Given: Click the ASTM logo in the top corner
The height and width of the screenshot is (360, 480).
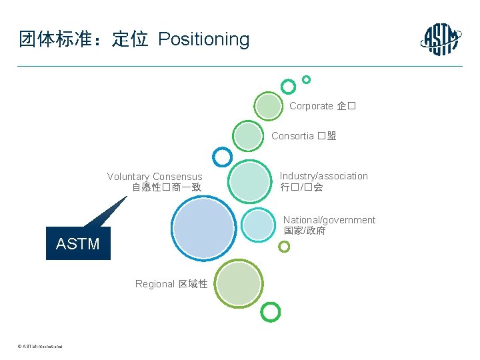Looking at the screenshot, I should tap(441, 39).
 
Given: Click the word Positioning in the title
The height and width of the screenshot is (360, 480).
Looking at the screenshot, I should tap(203, 39).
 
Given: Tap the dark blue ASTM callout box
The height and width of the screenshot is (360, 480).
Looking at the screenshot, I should tap(78, 243).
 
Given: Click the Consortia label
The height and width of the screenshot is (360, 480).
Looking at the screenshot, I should tap(303, 136).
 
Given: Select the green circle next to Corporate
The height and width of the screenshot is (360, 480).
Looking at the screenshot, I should tap(269, 106).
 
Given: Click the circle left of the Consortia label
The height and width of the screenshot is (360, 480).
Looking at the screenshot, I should tap(248, 136).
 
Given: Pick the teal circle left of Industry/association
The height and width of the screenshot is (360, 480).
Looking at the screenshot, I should tap(249, 181).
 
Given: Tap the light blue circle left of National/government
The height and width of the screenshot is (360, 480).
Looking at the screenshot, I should tap(257, 225).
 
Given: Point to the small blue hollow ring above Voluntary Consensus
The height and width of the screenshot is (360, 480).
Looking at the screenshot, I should tap(221, 157).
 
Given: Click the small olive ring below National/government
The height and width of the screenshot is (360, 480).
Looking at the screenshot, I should tap(284, 247).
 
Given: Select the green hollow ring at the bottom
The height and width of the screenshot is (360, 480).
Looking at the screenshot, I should tap(271, 311).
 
